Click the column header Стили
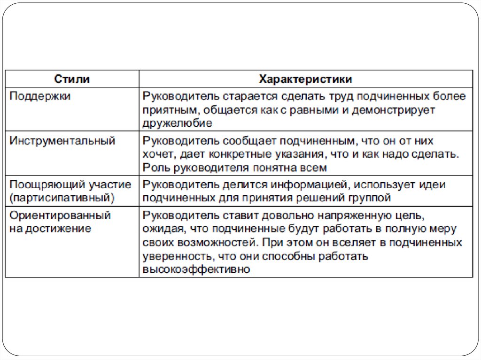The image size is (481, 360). click(72, 79)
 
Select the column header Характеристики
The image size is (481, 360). click(306, 79)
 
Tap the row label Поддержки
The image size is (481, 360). click(40, 96)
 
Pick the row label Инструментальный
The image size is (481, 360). click(62, 141)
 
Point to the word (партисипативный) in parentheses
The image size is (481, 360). click(62, 197)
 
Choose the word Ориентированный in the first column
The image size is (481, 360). click(61, 216)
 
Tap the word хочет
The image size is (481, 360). click(158, 154)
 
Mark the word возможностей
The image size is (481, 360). click(211, 243)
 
